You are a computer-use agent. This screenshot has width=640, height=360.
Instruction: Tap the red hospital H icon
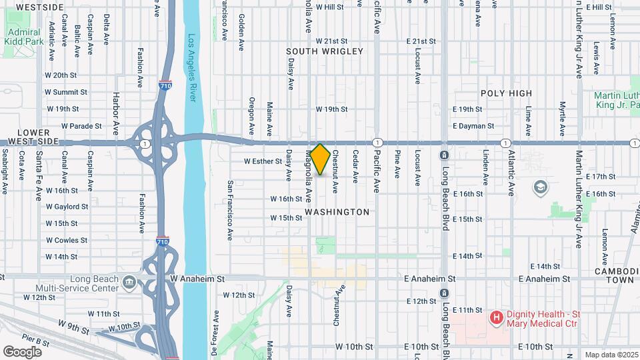click(496, 318)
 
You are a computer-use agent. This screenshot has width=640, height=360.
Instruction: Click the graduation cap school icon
click(539, 188)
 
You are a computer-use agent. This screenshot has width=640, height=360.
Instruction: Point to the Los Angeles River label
click(193, 67)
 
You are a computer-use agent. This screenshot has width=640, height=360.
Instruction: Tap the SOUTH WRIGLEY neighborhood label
click(325, 51)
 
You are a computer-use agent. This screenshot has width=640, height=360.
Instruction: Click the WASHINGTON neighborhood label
click(337, 212)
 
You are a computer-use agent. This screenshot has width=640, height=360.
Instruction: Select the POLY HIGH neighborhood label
click(507, 93)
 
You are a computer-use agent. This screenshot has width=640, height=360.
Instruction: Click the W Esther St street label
click(263, 161)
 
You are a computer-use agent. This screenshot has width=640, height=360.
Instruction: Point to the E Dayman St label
click(473, 125)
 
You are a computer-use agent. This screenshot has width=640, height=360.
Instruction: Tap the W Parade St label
click(81, 125)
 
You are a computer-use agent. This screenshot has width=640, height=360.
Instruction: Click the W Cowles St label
click(66, 240)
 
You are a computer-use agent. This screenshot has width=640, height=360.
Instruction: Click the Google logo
click(22, 351)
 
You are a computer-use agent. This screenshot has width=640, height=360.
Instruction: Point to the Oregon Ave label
click(251, 115)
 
